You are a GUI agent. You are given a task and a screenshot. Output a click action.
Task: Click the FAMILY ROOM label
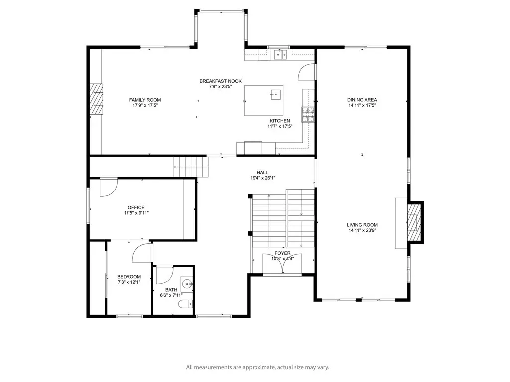(145, 100)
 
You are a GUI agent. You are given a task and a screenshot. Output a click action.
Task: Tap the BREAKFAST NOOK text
(220, 81)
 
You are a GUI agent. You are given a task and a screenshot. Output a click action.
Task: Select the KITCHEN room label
(280, 121)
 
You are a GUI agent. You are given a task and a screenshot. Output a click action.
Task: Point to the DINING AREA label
(362, 100)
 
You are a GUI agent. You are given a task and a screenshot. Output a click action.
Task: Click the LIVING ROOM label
(362, 225)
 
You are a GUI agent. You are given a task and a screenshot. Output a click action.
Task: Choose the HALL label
(262, 173)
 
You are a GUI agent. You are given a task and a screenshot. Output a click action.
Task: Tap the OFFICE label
(136, 207)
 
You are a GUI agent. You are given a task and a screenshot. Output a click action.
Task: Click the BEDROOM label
(129, 277)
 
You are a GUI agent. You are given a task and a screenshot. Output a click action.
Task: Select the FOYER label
(282, 253)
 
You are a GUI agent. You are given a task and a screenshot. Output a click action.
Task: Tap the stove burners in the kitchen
(308, 115)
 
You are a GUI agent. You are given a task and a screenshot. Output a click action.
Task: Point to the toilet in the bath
(186, 304)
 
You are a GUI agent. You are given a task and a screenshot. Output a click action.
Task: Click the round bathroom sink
(187, 284)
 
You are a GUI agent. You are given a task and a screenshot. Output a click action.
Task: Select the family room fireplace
(96, 99)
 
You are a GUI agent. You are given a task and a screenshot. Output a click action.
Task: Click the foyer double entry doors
(282, 263)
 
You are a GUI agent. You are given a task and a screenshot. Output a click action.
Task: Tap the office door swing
(108, 188)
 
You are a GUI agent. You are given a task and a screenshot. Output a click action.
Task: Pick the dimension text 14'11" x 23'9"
(362, 230)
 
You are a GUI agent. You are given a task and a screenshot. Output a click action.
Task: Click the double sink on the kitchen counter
(280, 55)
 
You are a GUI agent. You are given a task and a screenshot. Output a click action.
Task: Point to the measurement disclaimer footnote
(257, 367)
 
